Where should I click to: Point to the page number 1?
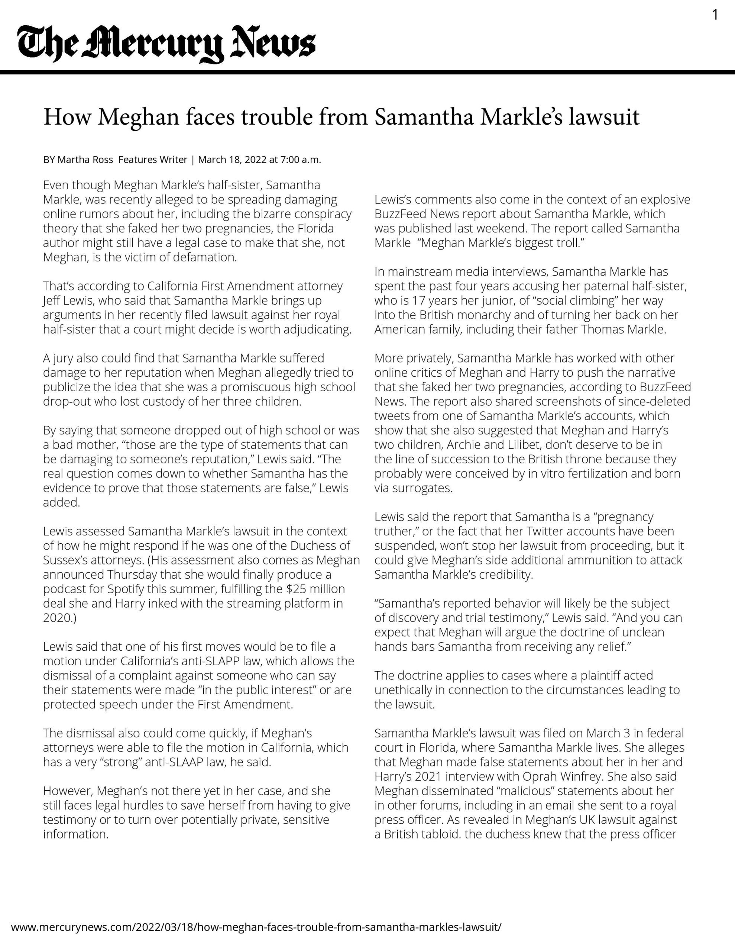[x=715, y=15]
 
